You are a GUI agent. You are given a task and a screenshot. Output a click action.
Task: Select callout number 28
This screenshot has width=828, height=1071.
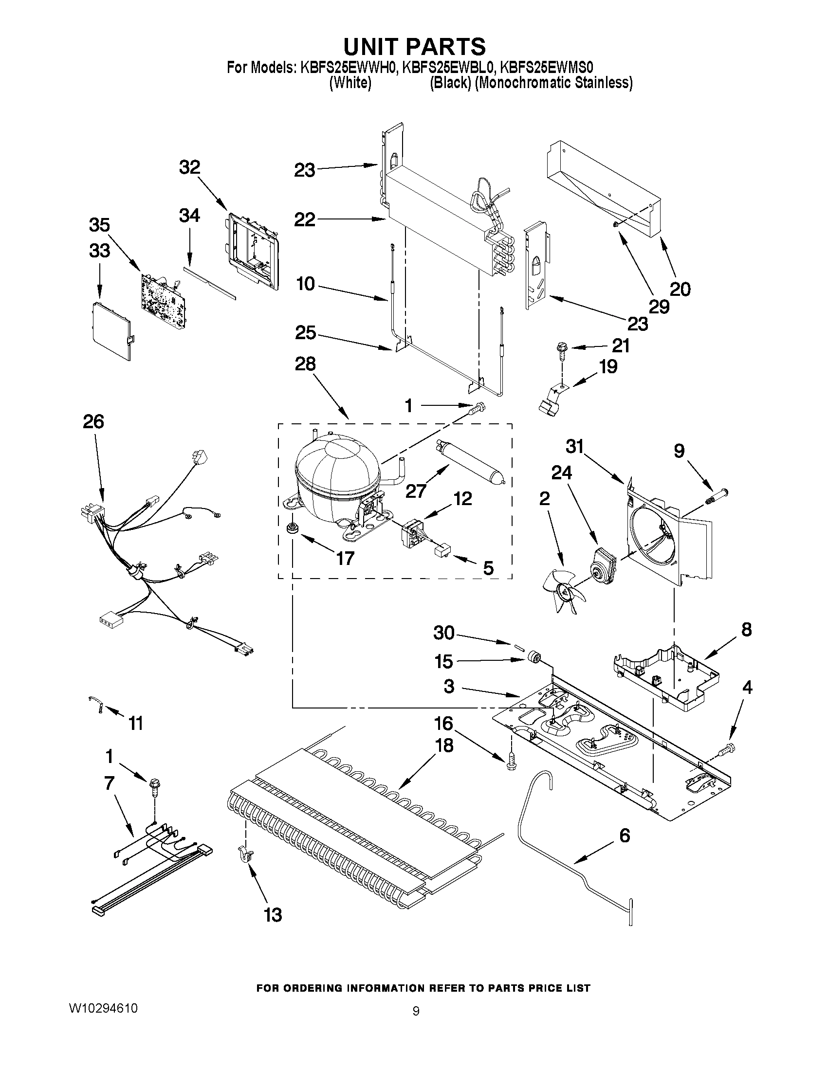point(305,364)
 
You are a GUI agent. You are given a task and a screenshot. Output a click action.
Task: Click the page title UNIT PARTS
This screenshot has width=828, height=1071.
point(415,47)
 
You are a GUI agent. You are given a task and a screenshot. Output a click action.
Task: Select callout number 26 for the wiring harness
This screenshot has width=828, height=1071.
point(93,422)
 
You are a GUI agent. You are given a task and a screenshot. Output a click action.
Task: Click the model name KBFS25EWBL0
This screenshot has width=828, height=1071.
point(450,68)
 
